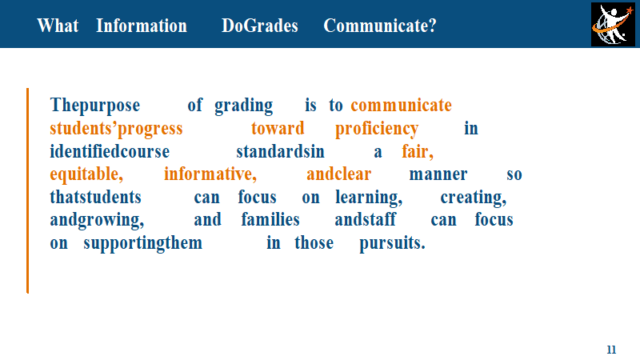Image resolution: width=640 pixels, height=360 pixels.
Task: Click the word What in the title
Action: pos(58,26)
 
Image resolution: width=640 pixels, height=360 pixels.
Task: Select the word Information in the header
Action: pos(142,26)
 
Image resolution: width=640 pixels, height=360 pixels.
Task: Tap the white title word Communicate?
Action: pos(380,26)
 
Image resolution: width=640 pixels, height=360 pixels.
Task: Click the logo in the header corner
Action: pos(613,25)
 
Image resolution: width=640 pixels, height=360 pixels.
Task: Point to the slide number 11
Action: pos(611,350)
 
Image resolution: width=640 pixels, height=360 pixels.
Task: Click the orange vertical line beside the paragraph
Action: pos(28,190)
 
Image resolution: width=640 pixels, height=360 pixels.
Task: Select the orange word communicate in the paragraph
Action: pos(402,106)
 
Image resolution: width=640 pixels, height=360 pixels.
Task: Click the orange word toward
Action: pos(278,128)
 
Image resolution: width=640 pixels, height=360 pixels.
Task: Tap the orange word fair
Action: pos(417,152)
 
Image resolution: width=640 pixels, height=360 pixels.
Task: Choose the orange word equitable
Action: pos(86,174)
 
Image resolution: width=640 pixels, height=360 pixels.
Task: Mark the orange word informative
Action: pos(210,174)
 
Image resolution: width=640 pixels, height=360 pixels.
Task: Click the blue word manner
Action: pos(438,174)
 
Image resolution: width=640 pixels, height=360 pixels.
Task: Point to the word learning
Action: pos(369,198)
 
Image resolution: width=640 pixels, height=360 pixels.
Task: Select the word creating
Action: pos(474,198)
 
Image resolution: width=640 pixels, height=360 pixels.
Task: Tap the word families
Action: pos(270,219)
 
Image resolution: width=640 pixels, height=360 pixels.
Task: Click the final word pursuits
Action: pos(392,244)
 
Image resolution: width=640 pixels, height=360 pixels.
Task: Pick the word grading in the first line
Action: pos(244,106)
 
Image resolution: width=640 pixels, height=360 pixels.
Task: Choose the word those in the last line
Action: pos(314,243)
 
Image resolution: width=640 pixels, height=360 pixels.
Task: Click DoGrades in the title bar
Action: pos(260,26)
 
